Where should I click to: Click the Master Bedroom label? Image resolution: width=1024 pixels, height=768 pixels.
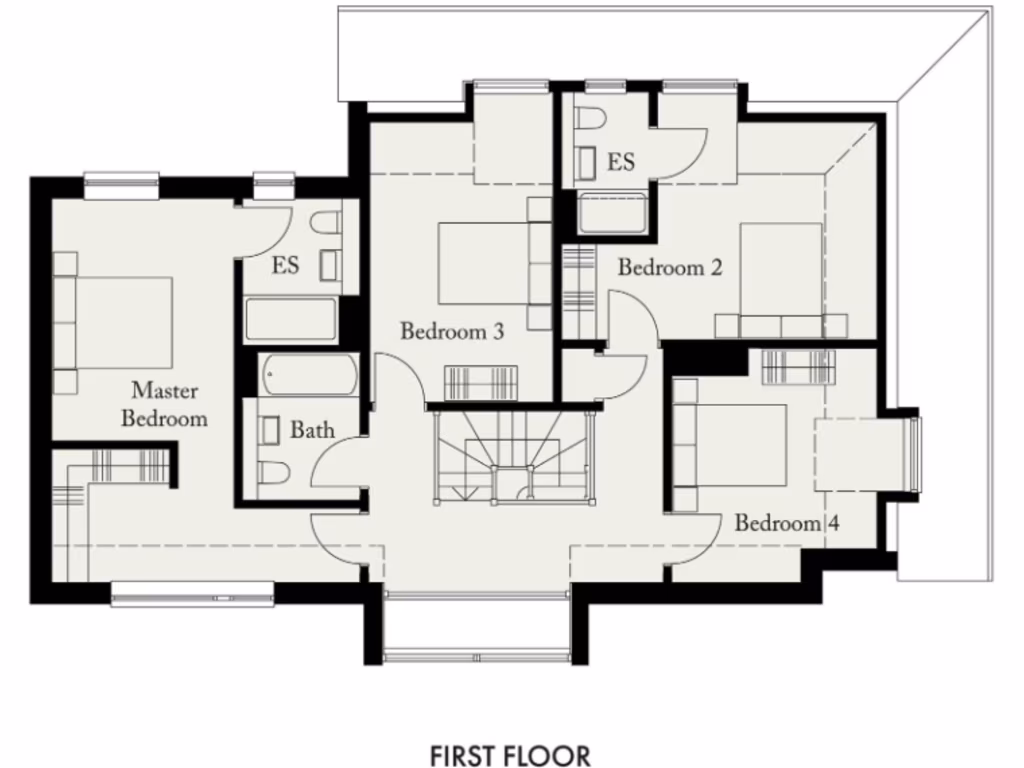(x=164, y=404)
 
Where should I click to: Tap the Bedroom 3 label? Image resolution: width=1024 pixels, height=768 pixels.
(x=451, y=331)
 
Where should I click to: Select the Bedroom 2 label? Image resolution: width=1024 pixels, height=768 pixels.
(x=669, y=268)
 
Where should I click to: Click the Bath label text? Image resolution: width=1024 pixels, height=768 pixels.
(x=312, y=431)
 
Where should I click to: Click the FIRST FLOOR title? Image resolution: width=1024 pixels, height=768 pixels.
(x=510, y=754)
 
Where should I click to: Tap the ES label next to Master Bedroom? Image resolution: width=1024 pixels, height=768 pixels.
(x=286, y=267)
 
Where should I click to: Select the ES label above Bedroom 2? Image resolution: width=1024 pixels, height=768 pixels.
(x=621, y=162)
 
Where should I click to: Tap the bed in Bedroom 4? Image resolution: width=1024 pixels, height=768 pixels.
(x=735, y=445)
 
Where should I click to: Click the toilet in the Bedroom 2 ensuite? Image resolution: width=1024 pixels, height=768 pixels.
(x=589, y=121)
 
